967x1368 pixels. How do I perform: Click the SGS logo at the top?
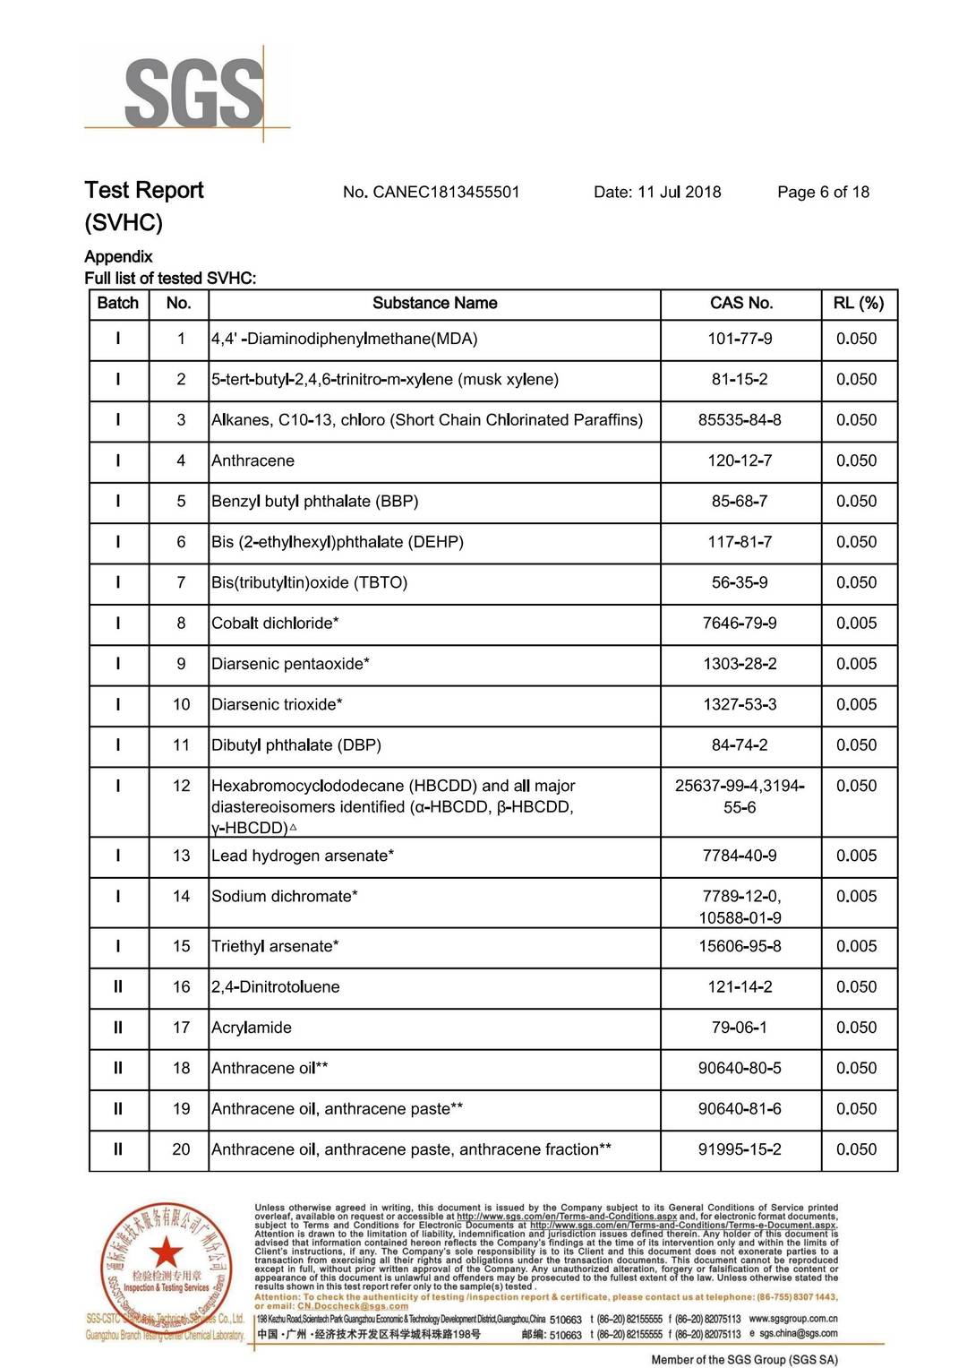(193, 92)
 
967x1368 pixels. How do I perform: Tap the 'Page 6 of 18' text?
(823, 192)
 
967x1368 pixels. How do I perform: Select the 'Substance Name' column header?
(434, 303)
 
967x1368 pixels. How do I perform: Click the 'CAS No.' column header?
(740, 303)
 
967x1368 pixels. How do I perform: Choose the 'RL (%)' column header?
(858, 303)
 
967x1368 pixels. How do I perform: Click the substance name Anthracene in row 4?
(252, 460)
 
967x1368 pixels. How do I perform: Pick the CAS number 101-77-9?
(740, 339)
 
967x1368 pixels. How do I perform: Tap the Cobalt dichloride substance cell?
(275, 623)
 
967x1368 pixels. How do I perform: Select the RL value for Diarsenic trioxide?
(856, 704)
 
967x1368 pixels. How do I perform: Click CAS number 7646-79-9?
(740, 623)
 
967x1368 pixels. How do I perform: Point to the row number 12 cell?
(181, 786)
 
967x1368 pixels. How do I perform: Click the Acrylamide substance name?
(252, 1028)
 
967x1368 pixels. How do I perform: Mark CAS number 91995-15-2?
(740, 1149)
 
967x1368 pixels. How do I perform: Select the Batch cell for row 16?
(118, 986)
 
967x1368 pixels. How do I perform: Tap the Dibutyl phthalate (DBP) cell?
(296, 744)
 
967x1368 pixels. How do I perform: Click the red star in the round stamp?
(166, 1252)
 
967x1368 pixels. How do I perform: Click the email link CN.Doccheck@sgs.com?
(353, 1306)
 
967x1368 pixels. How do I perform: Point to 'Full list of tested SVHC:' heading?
(170, 278)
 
